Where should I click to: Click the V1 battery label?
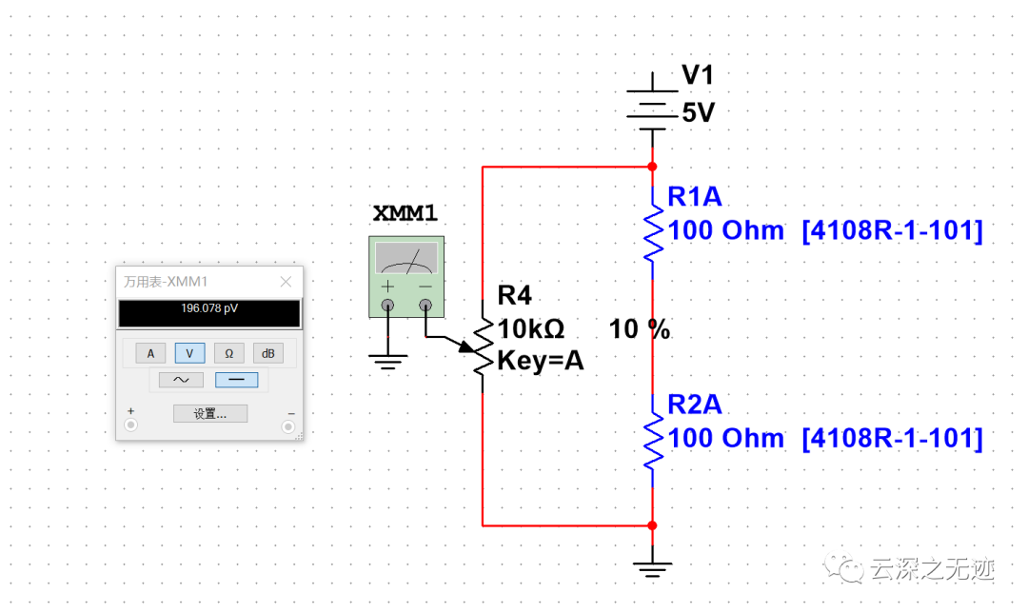[698, 76]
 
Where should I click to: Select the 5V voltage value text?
[698, 113]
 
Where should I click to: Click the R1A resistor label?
[695, 197]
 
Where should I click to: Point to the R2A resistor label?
[695, 405]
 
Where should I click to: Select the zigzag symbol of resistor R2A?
[653, 438]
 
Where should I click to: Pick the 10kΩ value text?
[531, 329]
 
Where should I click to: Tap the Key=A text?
[541, 361]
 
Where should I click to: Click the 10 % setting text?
[640, 330]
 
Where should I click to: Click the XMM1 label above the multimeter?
[405, 214]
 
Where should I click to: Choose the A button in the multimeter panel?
[149, 353]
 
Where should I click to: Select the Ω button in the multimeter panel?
[228, 353]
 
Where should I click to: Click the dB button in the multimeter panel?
[267, 353]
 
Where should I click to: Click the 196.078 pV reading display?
[208, 309]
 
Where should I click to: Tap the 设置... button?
[209, 414]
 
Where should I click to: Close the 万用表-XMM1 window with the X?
[286, 282]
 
